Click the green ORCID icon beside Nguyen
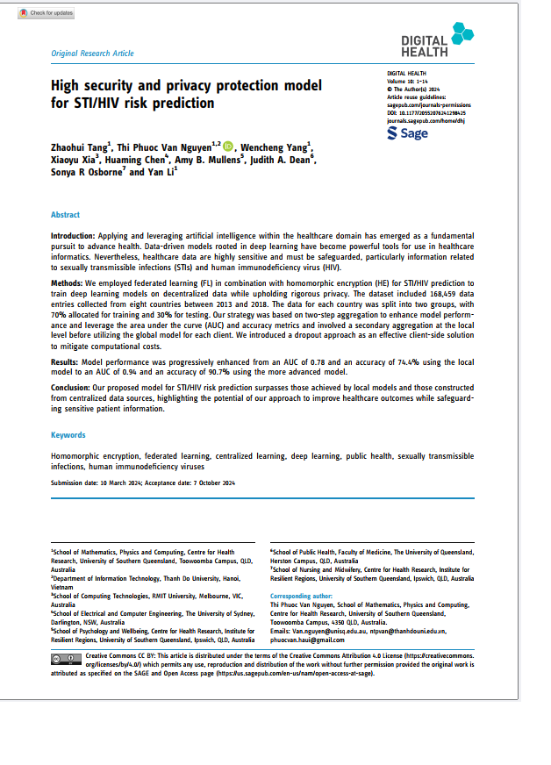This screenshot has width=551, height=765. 229,146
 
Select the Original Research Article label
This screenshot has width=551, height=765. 93,54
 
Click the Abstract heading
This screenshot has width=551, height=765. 65,215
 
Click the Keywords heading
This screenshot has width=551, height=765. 68,435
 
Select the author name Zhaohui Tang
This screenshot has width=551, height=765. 79,147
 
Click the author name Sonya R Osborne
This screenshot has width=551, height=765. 86,173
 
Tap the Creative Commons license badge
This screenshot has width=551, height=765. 67,658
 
